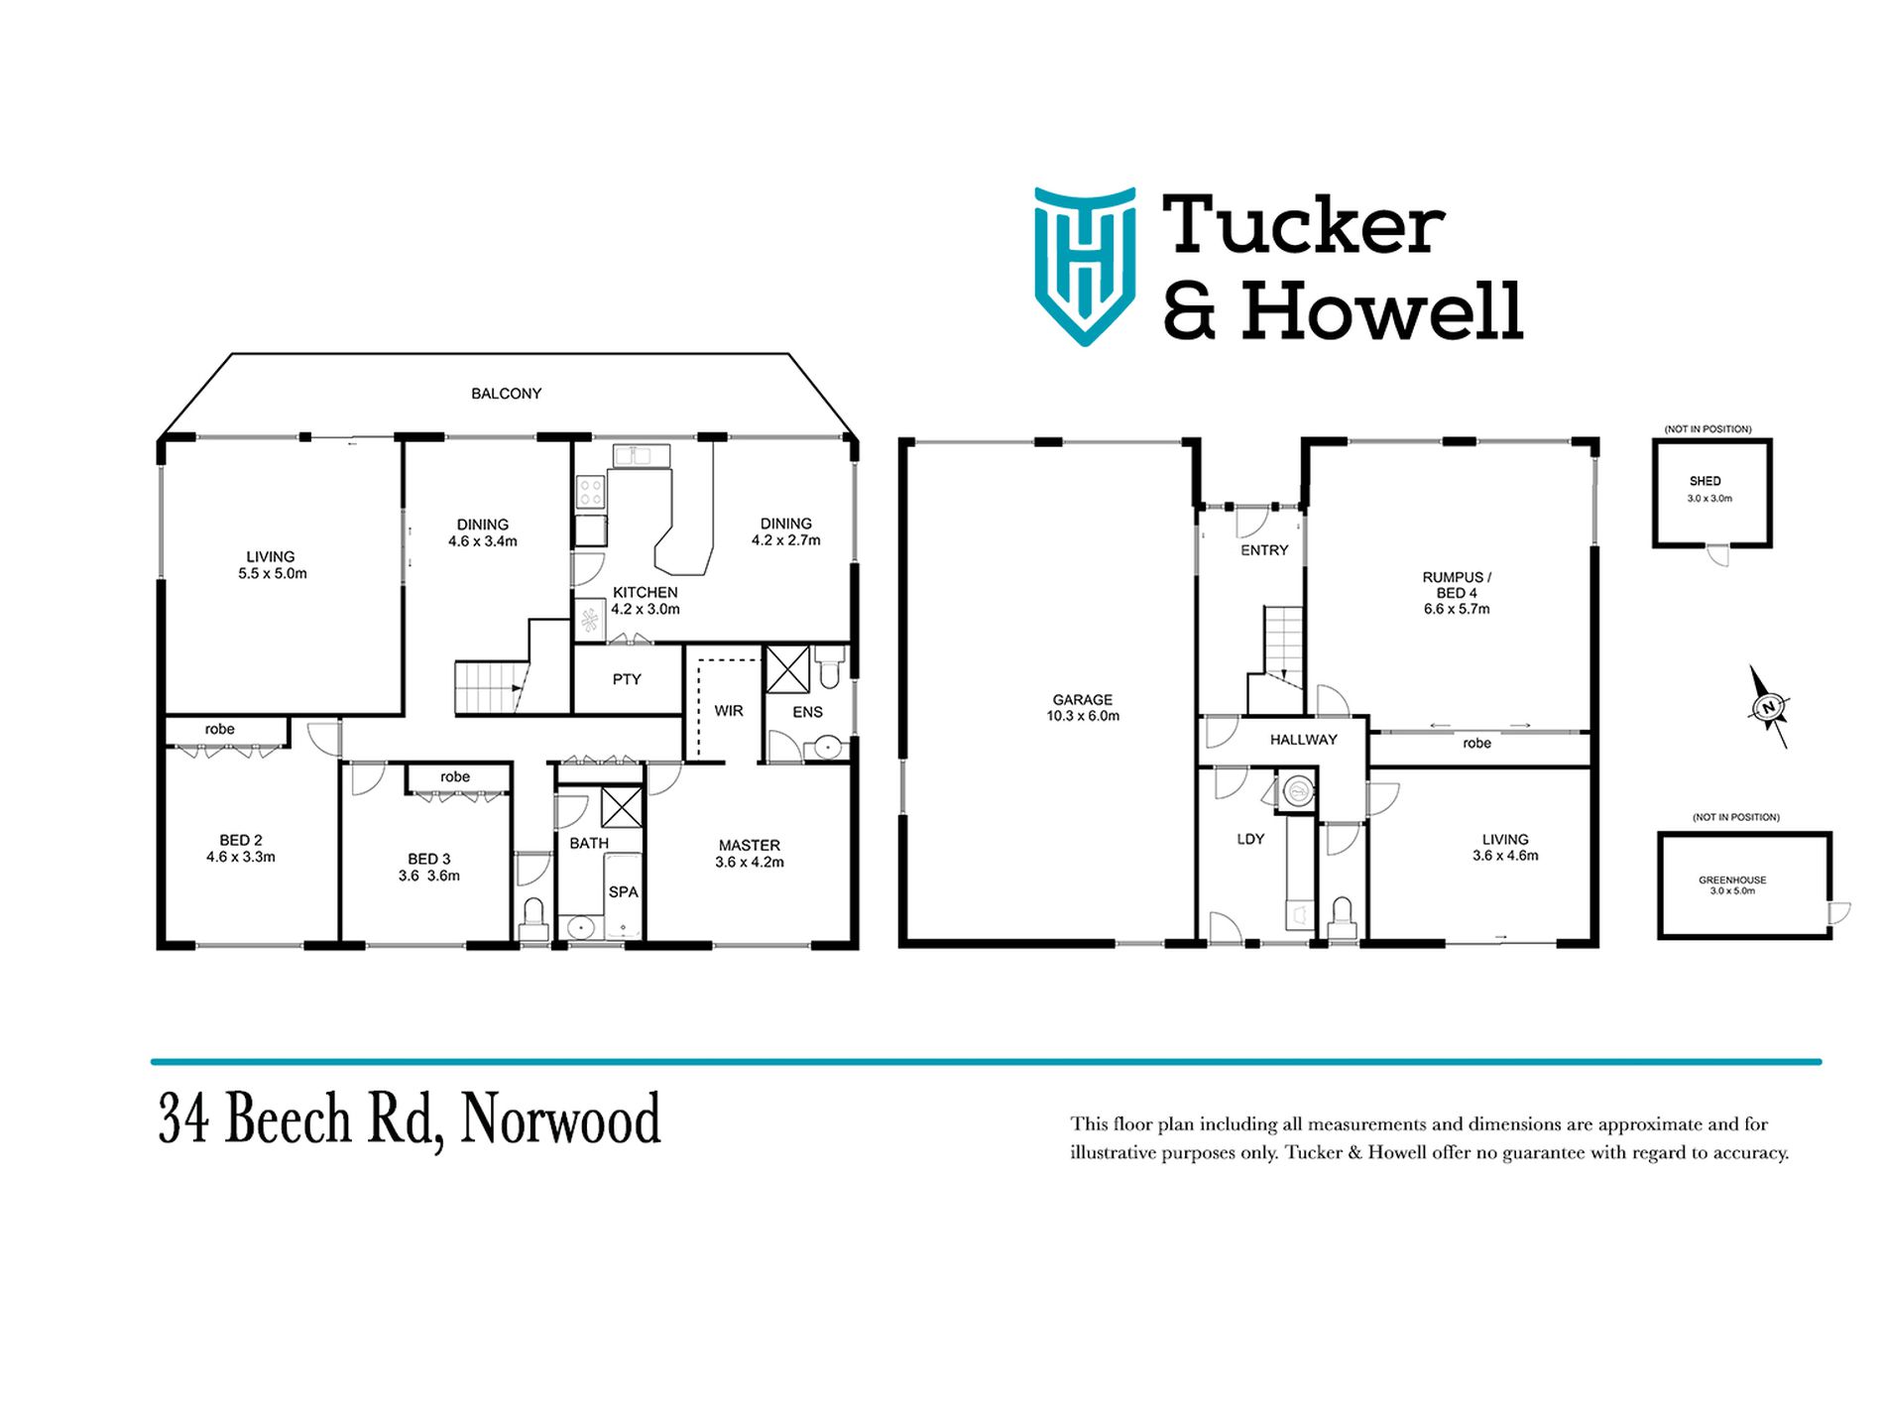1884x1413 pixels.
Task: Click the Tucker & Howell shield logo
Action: point(1085,266)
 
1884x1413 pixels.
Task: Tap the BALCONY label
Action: point(506,394)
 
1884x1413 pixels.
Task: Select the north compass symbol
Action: point(1768,707)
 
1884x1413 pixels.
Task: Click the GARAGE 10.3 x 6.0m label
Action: point(1083,707)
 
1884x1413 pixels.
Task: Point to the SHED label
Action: point(1706,481)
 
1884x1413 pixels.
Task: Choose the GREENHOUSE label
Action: point(1732,880)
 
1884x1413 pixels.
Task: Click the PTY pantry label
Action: point(627,679)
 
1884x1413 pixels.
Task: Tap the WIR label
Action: point(729,711)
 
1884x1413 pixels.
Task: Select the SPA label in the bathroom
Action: point(623,891)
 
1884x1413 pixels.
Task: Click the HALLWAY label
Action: point(1304,740)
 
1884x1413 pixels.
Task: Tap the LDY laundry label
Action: point(1250,839)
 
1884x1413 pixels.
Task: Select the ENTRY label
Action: point(1264,550)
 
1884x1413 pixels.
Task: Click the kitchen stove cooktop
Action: point(591,493)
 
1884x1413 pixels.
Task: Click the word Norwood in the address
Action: point(561,1119)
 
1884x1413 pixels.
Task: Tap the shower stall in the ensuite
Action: point(787,669)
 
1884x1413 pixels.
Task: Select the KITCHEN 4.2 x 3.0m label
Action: point(646,601)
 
